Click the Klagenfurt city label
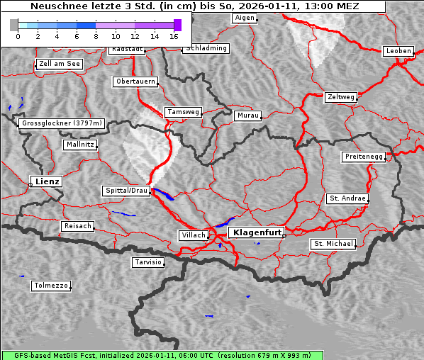(257, 232)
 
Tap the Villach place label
(194, 235)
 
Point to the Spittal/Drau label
(126, 191)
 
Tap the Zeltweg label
(341, 96)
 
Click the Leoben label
(398, 51)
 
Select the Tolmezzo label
(51, 286)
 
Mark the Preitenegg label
(364, 157)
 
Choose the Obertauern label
(135, 81)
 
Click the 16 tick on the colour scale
(174, 35)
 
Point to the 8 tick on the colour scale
(96, 35)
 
